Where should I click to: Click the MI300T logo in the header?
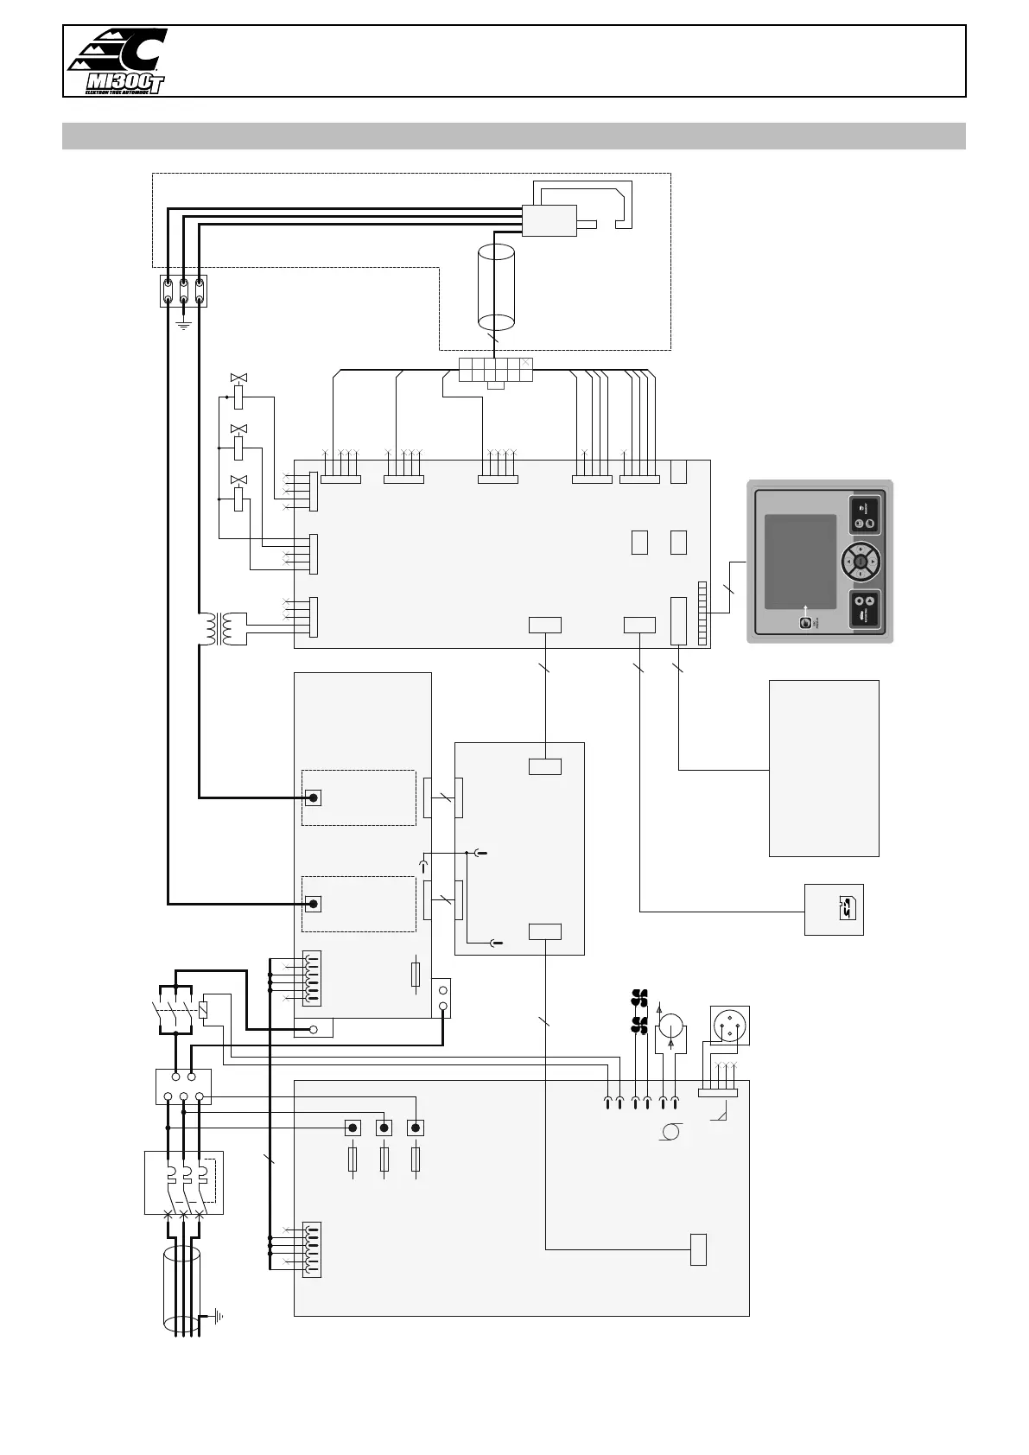117,60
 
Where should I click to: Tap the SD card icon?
846,908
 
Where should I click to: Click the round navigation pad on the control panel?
861,562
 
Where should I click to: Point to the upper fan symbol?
640,996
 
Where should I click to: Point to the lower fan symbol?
640,1025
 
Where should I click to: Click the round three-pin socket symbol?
729,1026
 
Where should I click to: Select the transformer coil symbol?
217,629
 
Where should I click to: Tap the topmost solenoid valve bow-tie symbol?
238,378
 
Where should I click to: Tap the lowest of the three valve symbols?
238,480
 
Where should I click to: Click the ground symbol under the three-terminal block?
183,325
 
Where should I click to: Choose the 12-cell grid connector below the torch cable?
495,369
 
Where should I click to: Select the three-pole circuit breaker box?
184,1182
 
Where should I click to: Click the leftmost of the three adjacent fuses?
353,1159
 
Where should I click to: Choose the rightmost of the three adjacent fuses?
416,1159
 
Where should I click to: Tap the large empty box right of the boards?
823,767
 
